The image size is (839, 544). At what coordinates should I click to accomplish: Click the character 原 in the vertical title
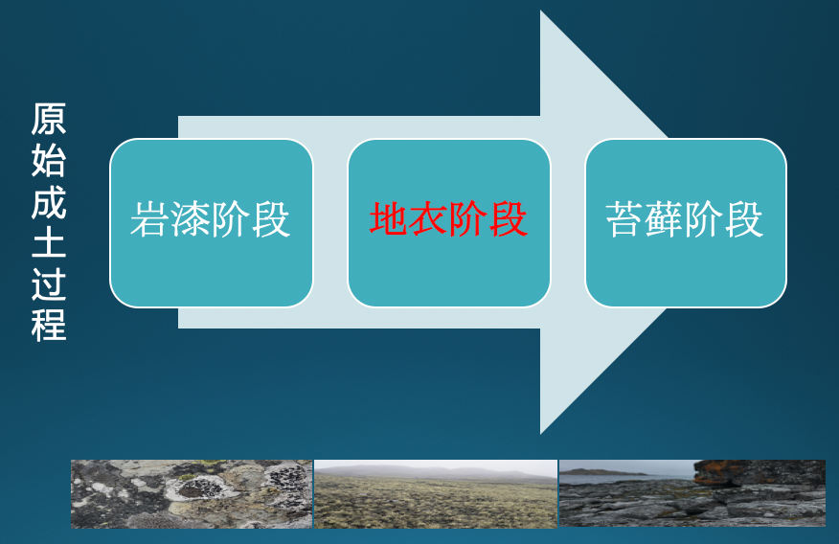(x=49, y=119)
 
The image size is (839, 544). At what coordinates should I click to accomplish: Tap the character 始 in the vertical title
(x=49, y=160)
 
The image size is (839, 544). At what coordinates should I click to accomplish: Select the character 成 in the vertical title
(x=49, y=202)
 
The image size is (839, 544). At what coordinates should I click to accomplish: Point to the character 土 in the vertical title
(x=49, y=243)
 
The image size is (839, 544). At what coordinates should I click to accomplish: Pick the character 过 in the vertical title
(x=49, y=284)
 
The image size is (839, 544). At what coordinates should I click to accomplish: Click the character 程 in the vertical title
(x=49, y=325)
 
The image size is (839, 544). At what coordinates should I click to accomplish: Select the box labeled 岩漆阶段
(x=212, y=223)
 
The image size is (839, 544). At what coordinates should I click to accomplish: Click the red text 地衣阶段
(x=448, y=219)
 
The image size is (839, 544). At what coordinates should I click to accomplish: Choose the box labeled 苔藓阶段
(x=686, y=223)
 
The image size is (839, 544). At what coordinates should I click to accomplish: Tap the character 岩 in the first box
(x=149, y=219)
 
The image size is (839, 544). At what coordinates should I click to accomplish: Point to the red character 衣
(x=428, y=219)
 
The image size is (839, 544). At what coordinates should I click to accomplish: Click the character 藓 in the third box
(x=665, y=219)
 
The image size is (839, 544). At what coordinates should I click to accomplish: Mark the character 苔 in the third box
(x=625, y=219)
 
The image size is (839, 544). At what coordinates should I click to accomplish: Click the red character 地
(x=389, y=219)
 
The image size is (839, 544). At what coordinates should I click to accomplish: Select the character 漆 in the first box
(x=191, y=219)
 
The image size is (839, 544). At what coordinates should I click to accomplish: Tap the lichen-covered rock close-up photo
(x=192, y=494)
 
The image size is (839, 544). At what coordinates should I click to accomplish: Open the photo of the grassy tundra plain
(x=436, y=494)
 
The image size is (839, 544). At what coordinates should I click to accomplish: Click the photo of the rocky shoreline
(x=692, y=493)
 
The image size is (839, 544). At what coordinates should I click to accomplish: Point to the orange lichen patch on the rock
(x=714, y=472)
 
